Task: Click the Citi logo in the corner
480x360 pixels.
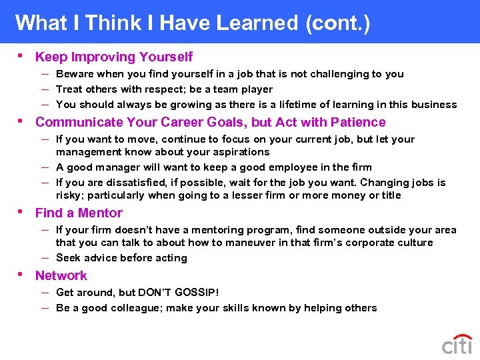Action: (x=457, y=345)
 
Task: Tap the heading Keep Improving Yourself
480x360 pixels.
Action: (x=114, y=57)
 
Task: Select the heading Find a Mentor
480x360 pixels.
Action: (x=79, y=213)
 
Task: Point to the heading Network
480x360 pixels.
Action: (x=61, y=276)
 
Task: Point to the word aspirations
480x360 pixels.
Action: (x=237, y=152)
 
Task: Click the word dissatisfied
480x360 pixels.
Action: (x=133, y=183)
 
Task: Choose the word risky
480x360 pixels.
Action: (x=70, y=195)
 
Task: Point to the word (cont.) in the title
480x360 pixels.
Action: (x=337, y=23)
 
